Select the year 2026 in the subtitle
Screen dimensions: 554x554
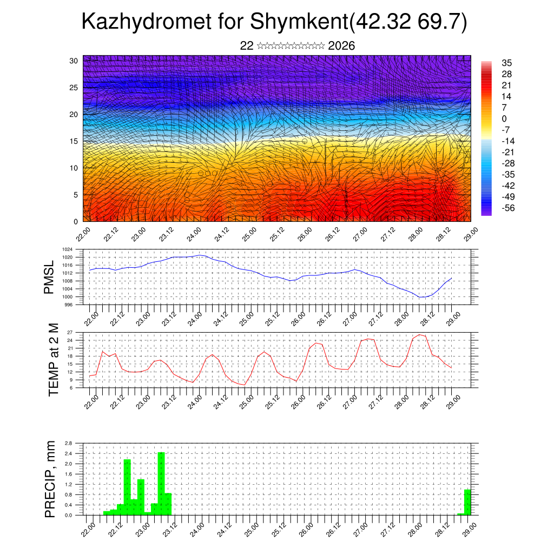pos(341,46)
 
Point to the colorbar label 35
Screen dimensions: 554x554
pos(507,63)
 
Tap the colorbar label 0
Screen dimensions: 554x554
pos(504,118)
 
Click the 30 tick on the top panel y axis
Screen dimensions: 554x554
pos(74,61)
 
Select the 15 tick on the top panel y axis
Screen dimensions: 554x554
pos(74,141)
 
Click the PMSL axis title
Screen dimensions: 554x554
pos(49,277)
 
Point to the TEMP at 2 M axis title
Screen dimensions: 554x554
pos(53,360)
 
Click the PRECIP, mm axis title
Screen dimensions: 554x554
pos(50,479)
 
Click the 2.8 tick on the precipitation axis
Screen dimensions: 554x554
pos(69,443)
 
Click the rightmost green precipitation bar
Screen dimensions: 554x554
pos(467,502)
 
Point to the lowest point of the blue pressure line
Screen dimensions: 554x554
pos(422,297)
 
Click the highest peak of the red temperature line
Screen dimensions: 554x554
pos(419,334)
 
